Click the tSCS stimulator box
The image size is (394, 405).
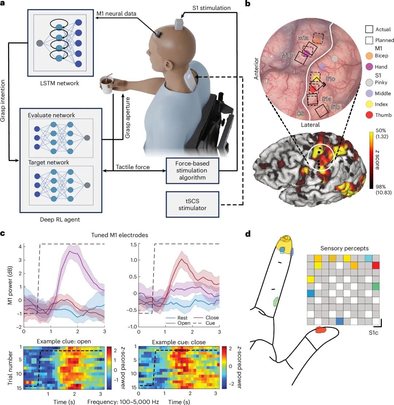[x=192, y=204]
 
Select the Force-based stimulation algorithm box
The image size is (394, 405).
[x=192, y=170]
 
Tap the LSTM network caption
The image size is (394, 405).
[x=59, y=83]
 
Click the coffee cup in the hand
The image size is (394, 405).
[x=107, y=84]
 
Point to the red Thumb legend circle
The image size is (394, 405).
[x=370, y=115]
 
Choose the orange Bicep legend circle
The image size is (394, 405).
[x=370, y=56]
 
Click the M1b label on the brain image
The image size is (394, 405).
[x=287, y=55]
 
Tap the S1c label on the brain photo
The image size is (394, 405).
[x=331, y=79]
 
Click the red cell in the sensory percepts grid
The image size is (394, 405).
[x=376, y=266]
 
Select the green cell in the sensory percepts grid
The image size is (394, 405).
[x=376, y=286]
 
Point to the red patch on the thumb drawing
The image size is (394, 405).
[x=321, y=330]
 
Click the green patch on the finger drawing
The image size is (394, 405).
[x=276, y=301]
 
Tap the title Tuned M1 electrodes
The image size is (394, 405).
[x=120, y=235]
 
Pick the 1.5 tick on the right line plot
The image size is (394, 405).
[x=133, y=244]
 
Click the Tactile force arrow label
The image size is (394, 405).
[x=133, y=167]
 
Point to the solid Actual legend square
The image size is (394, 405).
[x=369, y=29]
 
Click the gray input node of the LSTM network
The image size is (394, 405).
[x=40, y=43]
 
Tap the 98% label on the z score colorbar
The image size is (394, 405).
[x=381, y=186]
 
